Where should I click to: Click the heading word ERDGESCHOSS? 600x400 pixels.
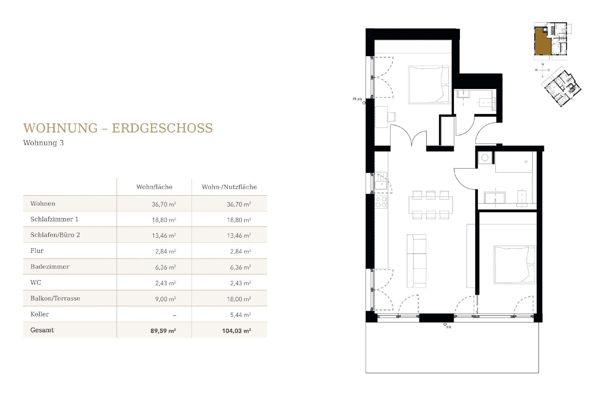(x=162, y=128)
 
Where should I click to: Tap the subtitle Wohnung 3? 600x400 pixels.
(x=43, y=143)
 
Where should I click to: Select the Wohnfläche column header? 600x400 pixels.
(x=154, y=187)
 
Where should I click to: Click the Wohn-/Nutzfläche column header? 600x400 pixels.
(x=229, y=187)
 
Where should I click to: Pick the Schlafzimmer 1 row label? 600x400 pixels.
(x=54, y=219)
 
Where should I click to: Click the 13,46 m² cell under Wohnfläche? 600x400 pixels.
(x=164, y=236)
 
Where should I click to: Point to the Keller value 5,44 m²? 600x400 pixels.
(x=240, y=315)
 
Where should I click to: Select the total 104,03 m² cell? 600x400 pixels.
(x=236, y=331)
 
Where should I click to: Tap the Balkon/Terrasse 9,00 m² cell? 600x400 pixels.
(x=165, y=299)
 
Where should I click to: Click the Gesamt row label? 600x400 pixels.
(x=42, y=330)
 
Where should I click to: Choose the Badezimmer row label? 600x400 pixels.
(x=50, y=267)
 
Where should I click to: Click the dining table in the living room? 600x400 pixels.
(x=431, y=205)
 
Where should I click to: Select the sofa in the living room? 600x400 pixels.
(x=416, y=261)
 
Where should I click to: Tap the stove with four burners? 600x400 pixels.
(x=381, y=202)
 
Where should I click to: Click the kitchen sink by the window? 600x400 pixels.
(x=381, y=185)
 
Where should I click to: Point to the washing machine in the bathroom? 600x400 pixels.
(x=485, y=158)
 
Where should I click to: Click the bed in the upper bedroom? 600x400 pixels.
(x=429, y=85)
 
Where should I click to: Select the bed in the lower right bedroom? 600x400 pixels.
(x=515, y=265)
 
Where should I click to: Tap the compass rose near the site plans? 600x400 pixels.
(x=542, y=70)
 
